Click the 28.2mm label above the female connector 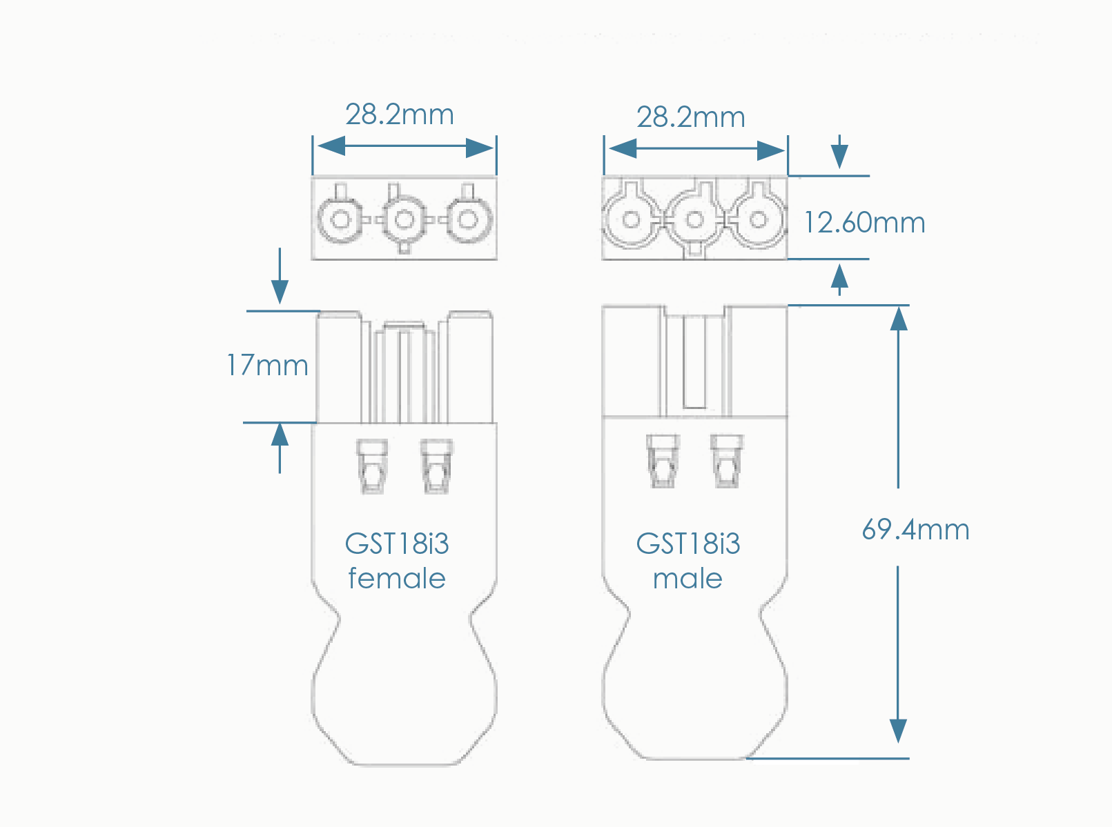click(x=400, y=114)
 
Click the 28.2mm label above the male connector click(x=691, y=117)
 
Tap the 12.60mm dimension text click(x=864, y=223)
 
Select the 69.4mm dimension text click(x=915, y=530)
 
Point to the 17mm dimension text click(x=268, y=366)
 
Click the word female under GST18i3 click(x=397, y=578)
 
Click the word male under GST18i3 click(x=687, y=578)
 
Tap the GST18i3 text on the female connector click(x=397, y=544)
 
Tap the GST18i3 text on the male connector click(x=688, y=544)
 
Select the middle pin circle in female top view click(x=404, y=220)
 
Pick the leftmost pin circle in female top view click(x=340, y=220)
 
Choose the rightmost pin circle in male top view click(x=758, y=220)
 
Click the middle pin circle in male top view click(x=694, y=220)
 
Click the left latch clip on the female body click(x=372, y=466)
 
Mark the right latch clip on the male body click(x=726, y=461)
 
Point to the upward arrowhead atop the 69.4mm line click(x=898, y=318)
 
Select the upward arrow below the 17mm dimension click(x=280, y=436)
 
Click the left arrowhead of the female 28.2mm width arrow click(x=331, y=146)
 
